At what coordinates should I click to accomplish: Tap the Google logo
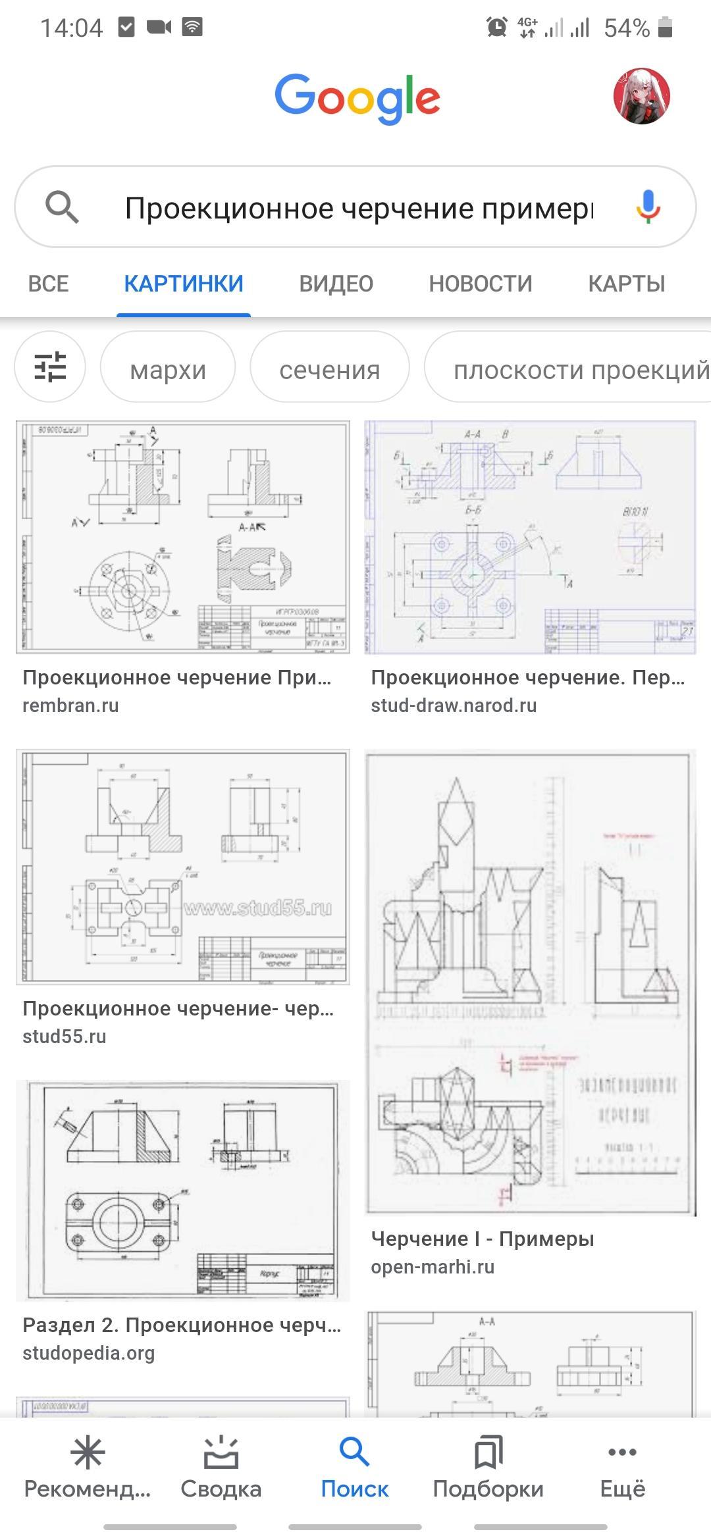[x=357, y=98]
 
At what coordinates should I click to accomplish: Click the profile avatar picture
[x=641, y=96]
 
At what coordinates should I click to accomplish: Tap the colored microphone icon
[x=648, y=207]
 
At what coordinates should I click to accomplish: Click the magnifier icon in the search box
[x=62, y=207]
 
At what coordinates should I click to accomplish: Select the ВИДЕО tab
[x=336, y=284]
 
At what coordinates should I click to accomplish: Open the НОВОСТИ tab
[x=481, y=284]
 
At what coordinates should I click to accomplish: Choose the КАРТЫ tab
[x=626, y=284]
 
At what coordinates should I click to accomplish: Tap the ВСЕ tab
[x=48, y=284]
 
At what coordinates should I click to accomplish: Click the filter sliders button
[x=50, y=367]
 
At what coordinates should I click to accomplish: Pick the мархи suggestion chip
[x=168, y=369]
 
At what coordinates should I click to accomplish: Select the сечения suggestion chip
[x=329, y=369]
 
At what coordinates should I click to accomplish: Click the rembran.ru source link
[x=70, y=706]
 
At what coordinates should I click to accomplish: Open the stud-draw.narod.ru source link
[x=454, y=706]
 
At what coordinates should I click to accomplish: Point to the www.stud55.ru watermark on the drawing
[x=258, y=908]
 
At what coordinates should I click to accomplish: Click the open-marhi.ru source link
[x=433, y=1267]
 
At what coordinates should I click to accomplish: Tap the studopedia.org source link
[x=88, y=1353]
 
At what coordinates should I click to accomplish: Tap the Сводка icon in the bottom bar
[x=221, y=1453]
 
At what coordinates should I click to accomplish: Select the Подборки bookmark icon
[x=488, y=1453]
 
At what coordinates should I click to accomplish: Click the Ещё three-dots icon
[x=622, y=1453]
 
